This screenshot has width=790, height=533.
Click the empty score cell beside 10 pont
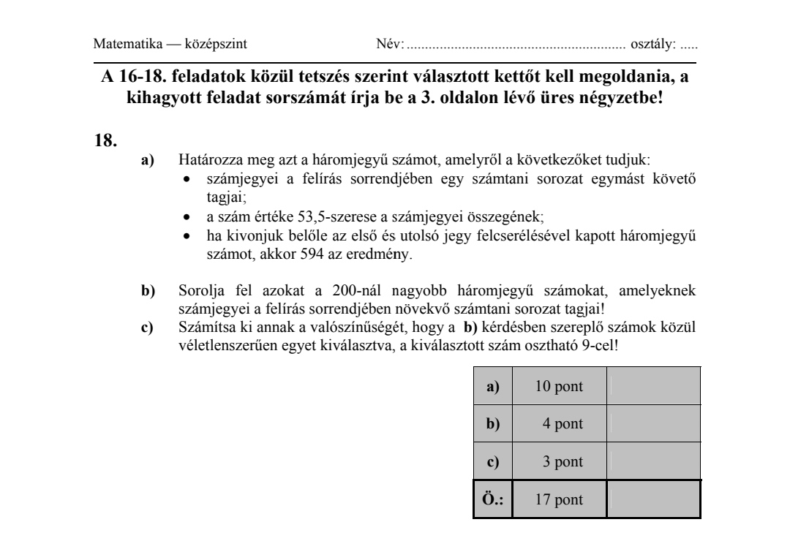tap(654, 387)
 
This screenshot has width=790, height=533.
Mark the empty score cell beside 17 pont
tap(654, 500)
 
